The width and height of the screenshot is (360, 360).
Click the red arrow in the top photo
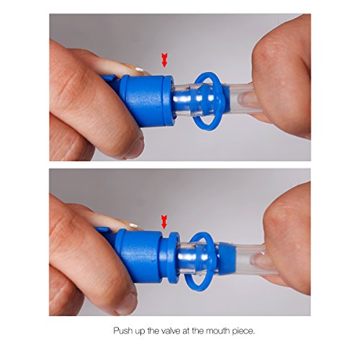(164, 60)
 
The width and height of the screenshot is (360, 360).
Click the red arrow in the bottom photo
(164, 222)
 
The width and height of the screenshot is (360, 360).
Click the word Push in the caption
(122, 330)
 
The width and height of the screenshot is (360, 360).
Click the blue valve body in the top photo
(145, 99)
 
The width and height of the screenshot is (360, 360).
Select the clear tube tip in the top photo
(243, 99)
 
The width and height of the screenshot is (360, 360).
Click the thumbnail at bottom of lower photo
(125, 304)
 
